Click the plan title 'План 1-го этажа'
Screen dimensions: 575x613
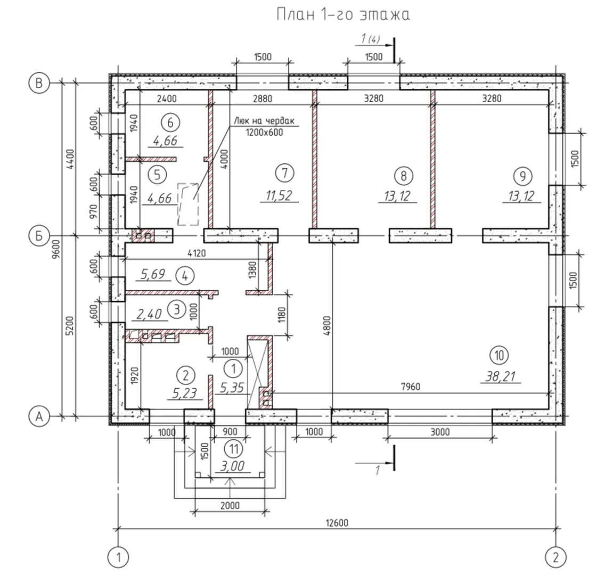(x=343, y=15)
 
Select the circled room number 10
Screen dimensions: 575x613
(x=501, y=355)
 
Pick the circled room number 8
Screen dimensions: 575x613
(x=403, y=175)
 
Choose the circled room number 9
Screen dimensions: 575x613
(x=521, y=175)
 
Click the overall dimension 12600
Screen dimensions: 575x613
(x=337, y=522)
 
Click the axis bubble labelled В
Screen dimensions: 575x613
(x=38, y=83)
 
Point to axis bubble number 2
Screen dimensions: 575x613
(x=555, y=557)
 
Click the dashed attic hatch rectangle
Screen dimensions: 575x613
(x=187, y=204)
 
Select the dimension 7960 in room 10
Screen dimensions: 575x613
(x=410, y=387)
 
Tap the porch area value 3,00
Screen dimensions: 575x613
(x=231, y=466)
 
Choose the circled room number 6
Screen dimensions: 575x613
(x=170, y=122)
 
